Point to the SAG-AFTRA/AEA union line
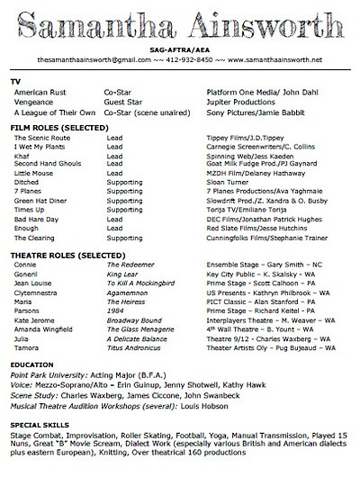click(180, 47)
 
